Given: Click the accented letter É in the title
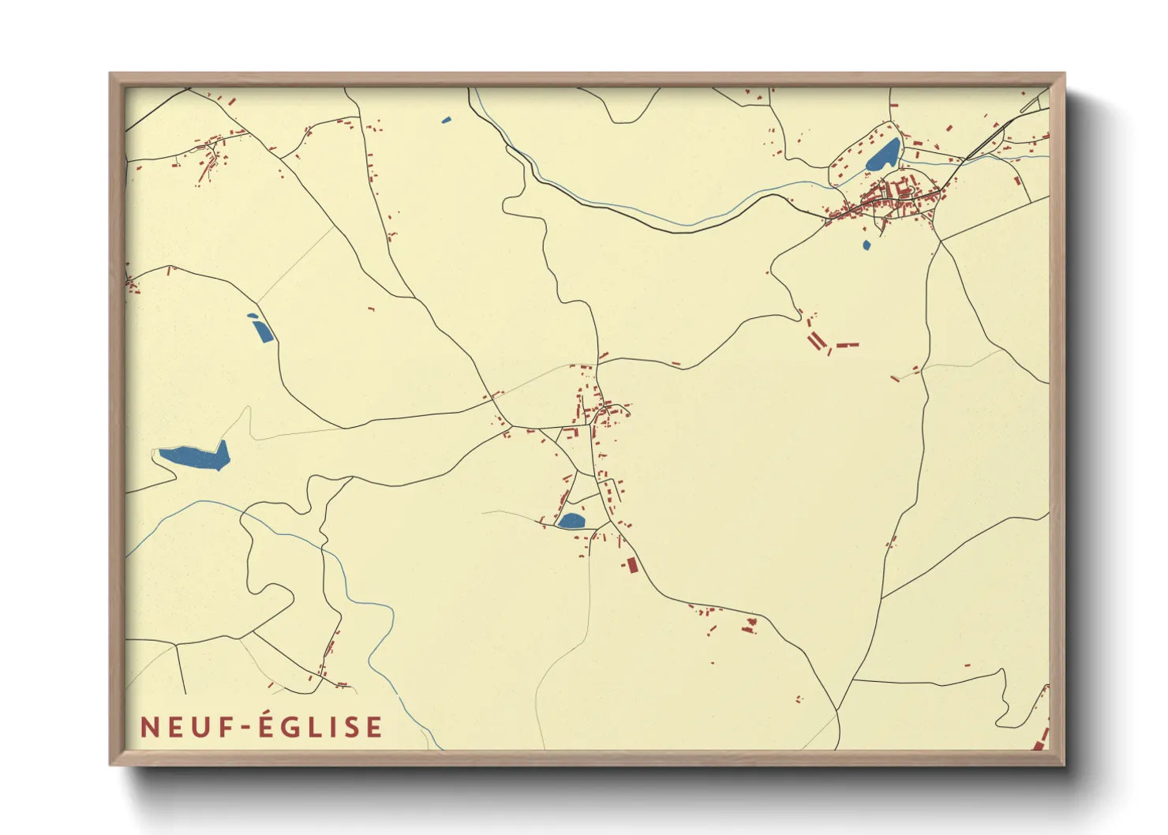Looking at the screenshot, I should pos(267,726).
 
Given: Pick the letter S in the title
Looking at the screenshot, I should pos(352,727).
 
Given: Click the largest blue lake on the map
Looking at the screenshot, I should pos(194,456).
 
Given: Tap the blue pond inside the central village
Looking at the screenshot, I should pos(571,520).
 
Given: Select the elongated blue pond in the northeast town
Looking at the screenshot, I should pos(883,155).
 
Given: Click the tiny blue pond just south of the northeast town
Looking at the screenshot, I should pos(867,245).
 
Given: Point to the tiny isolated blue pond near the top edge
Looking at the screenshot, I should pos(447,120).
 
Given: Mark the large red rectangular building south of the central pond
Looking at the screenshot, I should pos(631,564).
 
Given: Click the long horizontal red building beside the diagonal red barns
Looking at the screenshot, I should pos(847,345).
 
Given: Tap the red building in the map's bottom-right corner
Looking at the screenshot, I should pos(1040,741).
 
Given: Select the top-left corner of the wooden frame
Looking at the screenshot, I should pos(111,74).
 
